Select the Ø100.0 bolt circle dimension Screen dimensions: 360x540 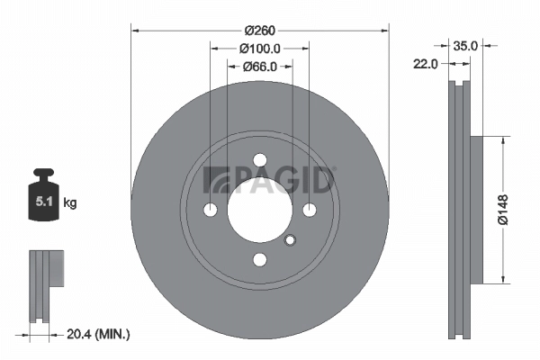pyautogui.click(x=260, y=49)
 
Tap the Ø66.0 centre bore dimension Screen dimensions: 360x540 pyautogui.click(x=260, y=66)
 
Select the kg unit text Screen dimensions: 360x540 pyautogui.click(x=70, y=203)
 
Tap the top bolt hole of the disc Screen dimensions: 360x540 pyautogui.click(x=260, y=160)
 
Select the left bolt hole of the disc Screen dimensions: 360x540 pyautogui.click(x=211, y=210)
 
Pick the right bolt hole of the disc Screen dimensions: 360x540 pyautogui.click(x=310, y=210)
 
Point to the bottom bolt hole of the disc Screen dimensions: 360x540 pyautogui.click(x=260, y=259)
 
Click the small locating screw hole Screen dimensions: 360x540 pyautogui.click(x=290, y=239)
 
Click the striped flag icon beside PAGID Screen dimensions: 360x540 pyautogui.click(x=217, y=178)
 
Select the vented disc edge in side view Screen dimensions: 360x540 pyautogui.click(x=459, y=209)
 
